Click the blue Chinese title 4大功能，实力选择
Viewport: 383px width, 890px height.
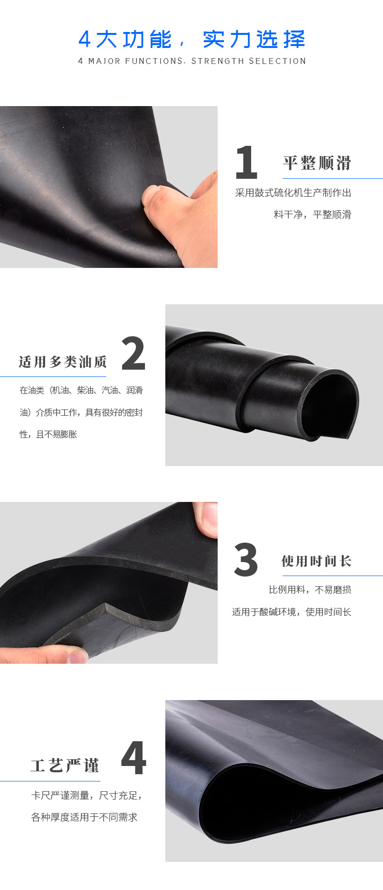tap(191, 39)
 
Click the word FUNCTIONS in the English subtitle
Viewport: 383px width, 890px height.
tap(154, 61)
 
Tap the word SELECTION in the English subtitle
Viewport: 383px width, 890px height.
tap(277, 61)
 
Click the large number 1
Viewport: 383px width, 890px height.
tap(246, 163)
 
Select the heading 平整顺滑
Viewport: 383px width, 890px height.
tap(317, 163)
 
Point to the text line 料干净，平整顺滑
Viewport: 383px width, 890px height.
tap(312, 215)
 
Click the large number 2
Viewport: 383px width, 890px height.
tap(133, 353)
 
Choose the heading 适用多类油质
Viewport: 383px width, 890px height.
tap(63, 362)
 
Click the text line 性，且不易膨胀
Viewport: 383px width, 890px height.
tap(48, 435)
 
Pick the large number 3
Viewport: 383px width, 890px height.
tap(246, 560)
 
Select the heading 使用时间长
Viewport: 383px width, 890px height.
tap(317, 561)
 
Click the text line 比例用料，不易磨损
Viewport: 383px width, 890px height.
tap(310, 590)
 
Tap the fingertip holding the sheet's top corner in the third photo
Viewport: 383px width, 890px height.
tap(207, 518)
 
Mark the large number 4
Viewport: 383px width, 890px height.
tap(133, 758)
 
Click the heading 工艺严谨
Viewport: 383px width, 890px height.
tap(65, 765)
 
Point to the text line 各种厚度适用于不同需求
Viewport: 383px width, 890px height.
tap(84, 817)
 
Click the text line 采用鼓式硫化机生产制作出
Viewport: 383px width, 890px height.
tap(293, 193)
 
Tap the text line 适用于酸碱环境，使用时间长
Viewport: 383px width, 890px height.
tap(291, 612)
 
